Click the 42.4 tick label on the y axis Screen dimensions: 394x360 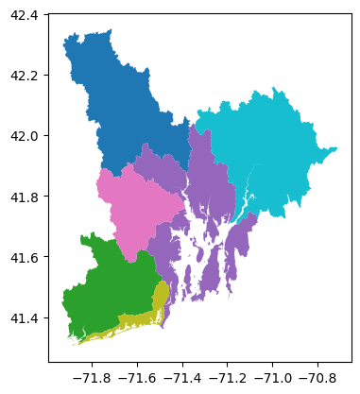[x=25, y=15]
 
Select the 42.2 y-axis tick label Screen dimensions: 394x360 [x=25, y=76]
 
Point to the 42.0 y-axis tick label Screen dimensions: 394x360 [x=25, y=136]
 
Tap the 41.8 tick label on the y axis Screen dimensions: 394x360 [x=25, y=197]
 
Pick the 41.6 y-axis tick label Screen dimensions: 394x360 [x=25, y=257]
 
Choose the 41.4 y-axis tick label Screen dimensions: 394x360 [x=25, y=317]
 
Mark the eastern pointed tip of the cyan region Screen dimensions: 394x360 [x=336, y=149]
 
